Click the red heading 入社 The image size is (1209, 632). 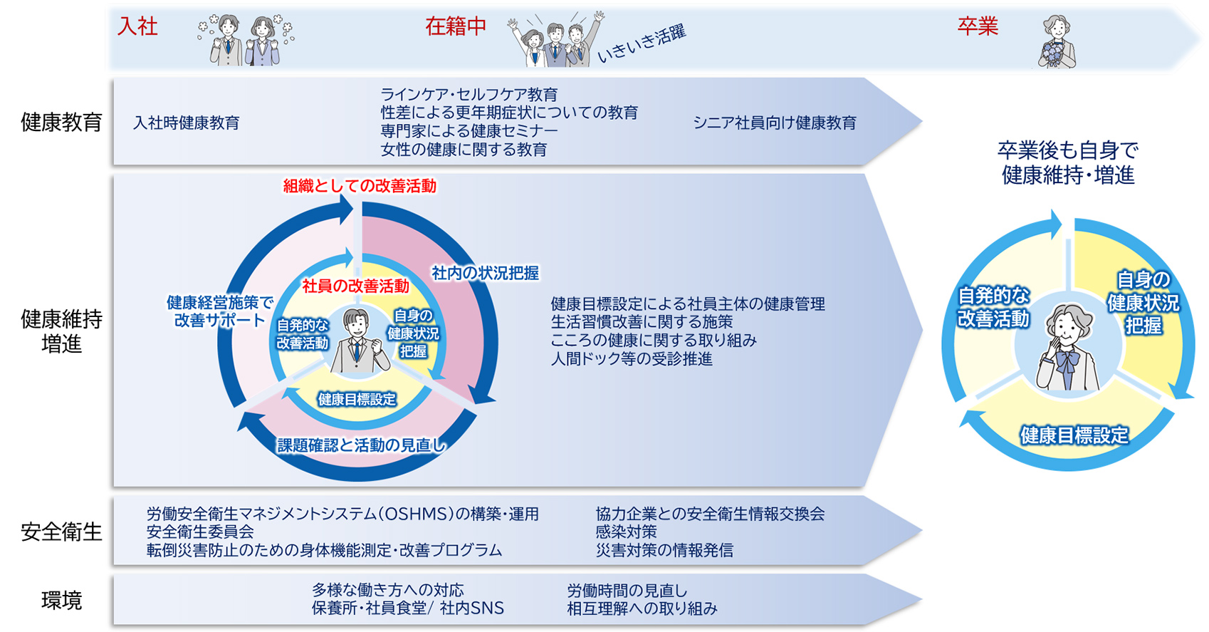pyautogui.click(x=137, y=27)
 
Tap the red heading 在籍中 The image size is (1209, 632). pyautogui.click(x=456, y=27)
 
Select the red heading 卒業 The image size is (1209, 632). pyautogui.click(x=977, y=27)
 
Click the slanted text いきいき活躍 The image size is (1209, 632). pyautogui.click(x=642, y=44)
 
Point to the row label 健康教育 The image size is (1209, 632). pyautogui.click(x=61, y=123)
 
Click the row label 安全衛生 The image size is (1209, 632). pyautogui.click(x=61, y=532)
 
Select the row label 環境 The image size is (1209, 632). pyautogui.click(x=61, y=601)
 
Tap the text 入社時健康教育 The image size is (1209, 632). pyautogui.click(x=186, y=123)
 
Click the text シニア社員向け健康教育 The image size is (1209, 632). pyautogui.click(x=774, y=123)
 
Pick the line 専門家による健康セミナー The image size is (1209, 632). pyautogui.click(x=469, y=132)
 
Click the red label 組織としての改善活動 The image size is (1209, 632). pyautogui.click(x=360, y=187)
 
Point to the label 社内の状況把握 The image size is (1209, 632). pyautogui.click(x=485, y=274)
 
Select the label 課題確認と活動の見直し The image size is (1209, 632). pyautogui.click(x=362, y=446)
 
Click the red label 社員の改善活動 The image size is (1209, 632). pyautogui.click(x=355, y=286)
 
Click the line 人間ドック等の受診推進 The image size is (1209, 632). pyautogui.click(x=631, y=359)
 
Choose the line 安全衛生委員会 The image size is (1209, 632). pyautogui.click(x=200, y=532)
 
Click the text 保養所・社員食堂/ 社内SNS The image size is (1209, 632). pyautogui.click(x=407, y=608)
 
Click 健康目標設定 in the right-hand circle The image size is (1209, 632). pyautogui.click(x=1074, y=435)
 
